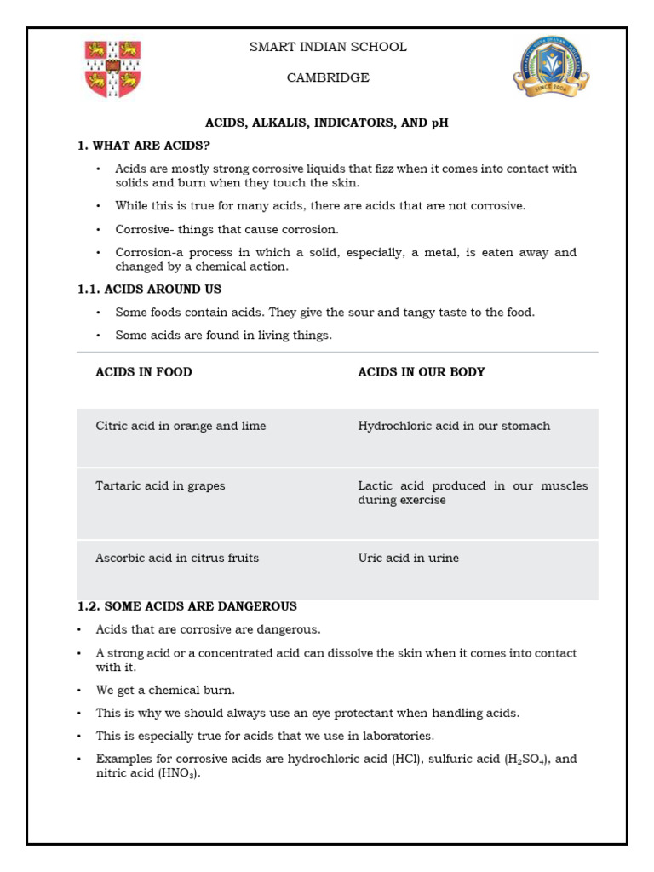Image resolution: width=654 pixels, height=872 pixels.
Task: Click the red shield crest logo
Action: [113, 69]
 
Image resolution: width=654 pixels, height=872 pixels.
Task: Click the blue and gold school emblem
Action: [551, 67]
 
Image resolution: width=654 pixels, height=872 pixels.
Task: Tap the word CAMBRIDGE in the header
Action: [328, 77]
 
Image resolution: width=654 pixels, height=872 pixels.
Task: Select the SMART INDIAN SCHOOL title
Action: [328, 47]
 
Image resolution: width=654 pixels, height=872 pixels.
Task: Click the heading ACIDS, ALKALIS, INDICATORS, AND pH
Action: [326, 123]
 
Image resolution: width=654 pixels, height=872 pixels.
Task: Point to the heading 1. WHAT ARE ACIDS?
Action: [143, 146]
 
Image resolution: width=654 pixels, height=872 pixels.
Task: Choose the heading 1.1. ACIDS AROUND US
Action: [149, 290]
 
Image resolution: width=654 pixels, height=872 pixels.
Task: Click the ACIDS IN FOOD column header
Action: [144, 372]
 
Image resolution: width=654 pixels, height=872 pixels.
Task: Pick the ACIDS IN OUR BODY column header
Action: [422, 372]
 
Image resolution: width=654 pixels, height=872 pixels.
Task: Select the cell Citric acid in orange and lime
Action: [181, 426]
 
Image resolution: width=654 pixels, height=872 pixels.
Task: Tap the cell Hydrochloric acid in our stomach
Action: [454, 426]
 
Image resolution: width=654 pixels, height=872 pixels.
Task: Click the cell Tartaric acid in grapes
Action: [160, 485]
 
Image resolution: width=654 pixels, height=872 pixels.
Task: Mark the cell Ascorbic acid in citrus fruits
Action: [177, 558]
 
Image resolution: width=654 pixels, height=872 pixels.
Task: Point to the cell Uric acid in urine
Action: [408, 558]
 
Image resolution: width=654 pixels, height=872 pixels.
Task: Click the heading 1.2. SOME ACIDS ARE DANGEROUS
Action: [187, 606]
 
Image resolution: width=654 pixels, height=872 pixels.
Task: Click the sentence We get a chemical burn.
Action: [165, 690]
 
